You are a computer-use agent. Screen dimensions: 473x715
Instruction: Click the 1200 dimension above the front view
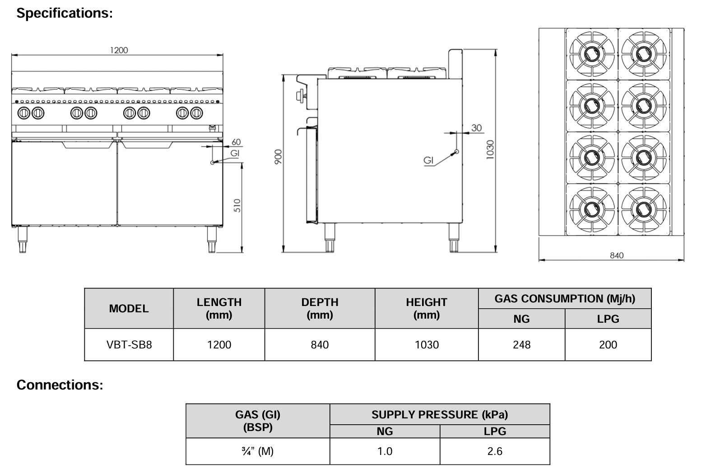(x=119, y=50)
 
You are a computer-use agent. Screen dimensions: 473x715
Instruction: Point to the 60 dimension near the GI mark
(x=236, y=142)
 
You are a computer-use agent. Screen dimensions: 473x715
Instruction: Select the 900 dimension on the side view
(x=278, y=157)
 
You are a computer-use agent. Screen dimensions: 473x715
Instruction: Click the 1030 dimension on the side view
(x=490, y=149)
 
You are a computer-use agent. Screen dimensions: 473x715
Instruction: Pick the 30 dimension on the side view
(x=477, y=128)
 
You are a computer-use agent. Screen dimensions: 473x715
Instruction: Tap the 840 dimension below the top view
(x=617, y=255)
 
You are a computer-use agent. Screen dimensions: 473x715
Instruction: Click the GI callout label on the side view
(x=428, y=160)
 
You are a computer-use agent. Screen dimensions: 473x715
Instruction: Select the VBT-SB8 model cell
(x=129, y=345)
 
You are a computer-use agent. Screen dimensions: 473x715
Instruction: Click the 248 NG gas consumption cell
(x=521, y=345)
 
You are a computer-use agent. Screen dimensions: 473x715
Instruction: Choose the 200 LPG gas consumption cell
(x=608, y=345)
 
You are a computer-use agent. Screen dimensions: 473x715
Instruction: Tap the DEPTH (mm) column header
(x=320, y=308)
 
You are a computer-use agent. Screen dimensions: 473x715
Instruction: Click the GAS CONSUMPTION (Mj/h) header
(x=565, y=299)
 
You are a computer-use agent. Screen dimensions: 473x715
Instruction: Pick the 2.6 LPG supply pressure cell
(x=495, y=451)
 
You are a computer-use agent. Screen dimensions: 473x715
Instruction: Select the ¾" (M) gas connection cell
(x=258, y=451)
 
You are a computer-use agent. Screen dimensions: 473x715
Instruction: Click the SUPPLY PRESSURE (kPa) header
(x=440, y=414)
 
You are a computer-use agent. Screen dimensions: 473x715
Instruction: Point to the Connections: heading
(x=60, y=385)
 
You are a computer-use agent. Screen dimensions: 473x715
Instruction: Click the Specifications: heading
(x=65, y=14)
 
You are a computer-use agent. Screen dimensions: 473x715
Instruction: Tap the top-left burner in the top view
(x=591, y=54)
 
